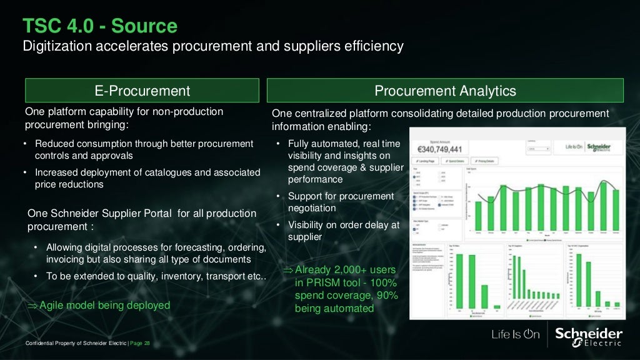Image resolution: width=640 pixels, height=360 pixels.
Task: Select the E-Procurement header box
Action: coord(142,91)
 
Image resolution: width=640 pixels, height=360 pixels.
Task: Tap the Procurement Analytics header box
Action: coord(445,91)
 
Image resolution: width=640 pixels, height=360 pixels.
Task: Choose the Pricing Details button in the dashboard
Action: coord(486,161)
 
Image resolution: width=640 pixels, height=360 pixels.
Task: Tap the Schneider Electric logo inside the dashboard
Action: coord(598,147)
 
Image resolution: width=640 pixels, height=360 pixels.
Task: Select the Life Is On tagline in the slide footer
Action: coord(515,334)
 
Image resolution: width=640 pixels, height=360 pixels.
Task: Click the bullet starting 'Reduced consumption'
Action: coord(144,149)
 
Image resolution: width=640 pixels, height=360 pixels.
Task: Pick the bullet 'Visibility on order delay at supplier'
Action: coord(343,231)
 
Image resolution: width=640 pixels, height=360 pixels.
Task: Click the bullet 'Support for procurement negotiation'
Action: coord(341,202)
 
